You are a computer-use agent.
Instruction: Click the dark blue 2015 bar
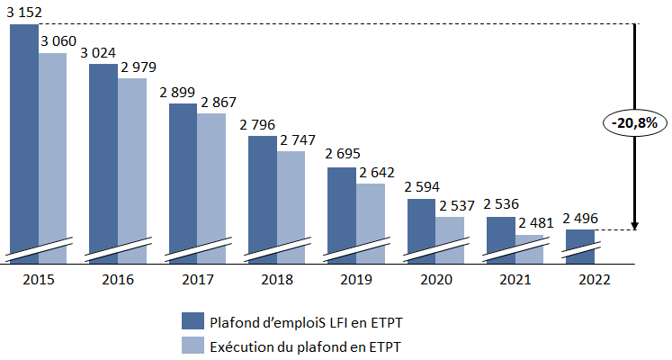24,135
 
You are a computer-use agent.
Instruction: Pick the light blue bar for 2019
370,216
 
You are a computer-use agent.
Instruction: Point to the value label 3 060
57,41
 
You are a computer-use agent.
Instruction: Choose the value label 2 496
581,218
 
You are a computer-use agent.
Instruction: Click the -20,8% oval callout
634,122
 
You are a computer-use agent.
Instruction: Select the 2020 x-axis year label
435,280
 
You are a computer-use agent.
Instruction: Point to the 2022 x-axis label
594,280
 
